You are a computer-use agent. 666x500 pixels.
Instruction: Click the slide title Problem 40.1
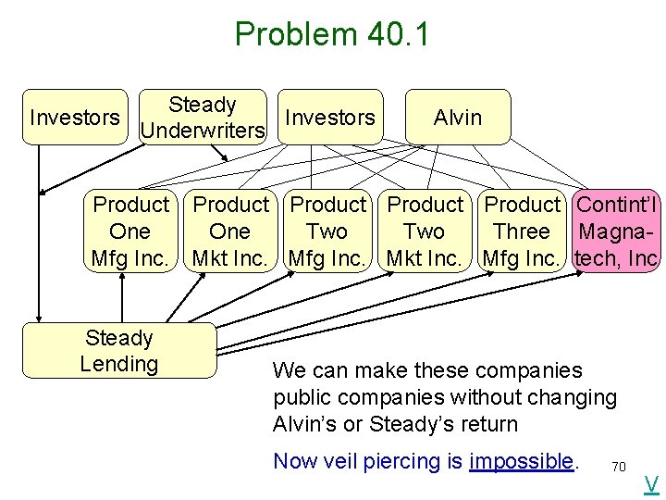332,34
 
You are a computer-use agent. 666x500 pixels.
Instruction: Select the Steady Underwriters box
203,118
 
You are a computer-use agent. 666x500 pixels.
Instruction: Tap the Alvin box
458,118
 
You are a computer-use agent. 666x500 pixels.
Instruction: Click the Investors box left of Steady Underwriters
75,118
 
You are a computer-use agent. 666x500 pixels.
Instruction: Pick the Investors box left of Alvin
330,118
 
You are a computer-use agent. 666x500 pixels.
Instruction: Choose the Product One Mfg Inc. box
130,231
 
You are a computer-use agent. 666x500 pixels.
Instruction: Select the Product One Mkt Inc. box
230,231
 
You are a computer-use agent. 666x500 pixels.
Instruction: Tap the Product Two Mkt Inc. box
425,231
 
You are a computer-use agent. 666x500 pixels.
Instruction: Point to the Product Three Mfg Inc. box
523,231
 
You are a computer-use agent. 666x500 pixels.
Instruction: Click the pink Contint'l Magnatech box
616,231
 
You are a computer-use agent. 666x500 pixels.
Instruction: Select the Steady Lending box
118,351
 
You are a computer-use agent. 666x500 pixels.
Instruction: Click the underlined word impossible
521,461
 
